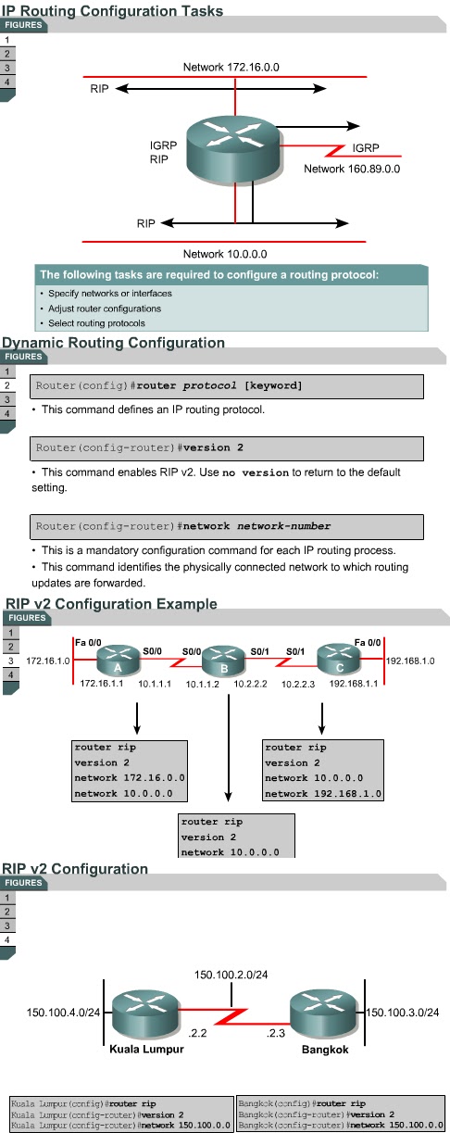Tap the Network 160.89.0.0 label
click(352, 170)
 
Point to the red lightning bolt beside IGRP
click(326, 149)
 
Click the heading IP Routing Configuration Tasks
click(112, 11)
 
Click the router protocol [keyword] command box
click(227, 385)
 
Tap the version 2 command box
click(227, 447)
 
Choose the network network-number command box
click(227, 526)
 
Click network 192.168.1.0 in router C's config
click(323, 794)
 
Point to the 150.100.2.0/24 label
click(231, 976)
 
